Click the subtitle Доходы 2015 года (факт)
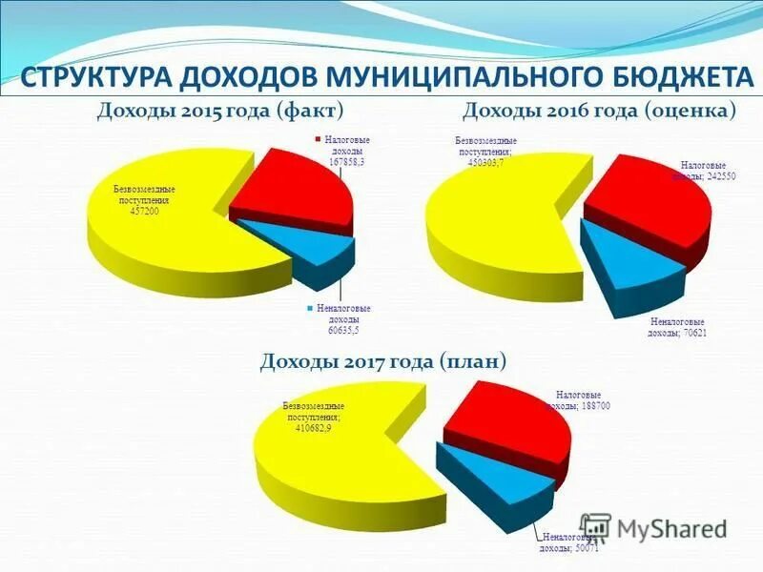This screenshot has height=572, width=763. (x=220, y=112)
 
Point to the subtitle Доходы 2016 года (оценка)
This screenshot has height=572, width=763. (x=599, y=112)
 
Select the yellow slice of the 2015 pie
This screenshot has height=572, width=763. (x=172, y=238)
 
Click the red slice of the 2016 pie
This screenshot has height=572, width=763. (x=658, y=205)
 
